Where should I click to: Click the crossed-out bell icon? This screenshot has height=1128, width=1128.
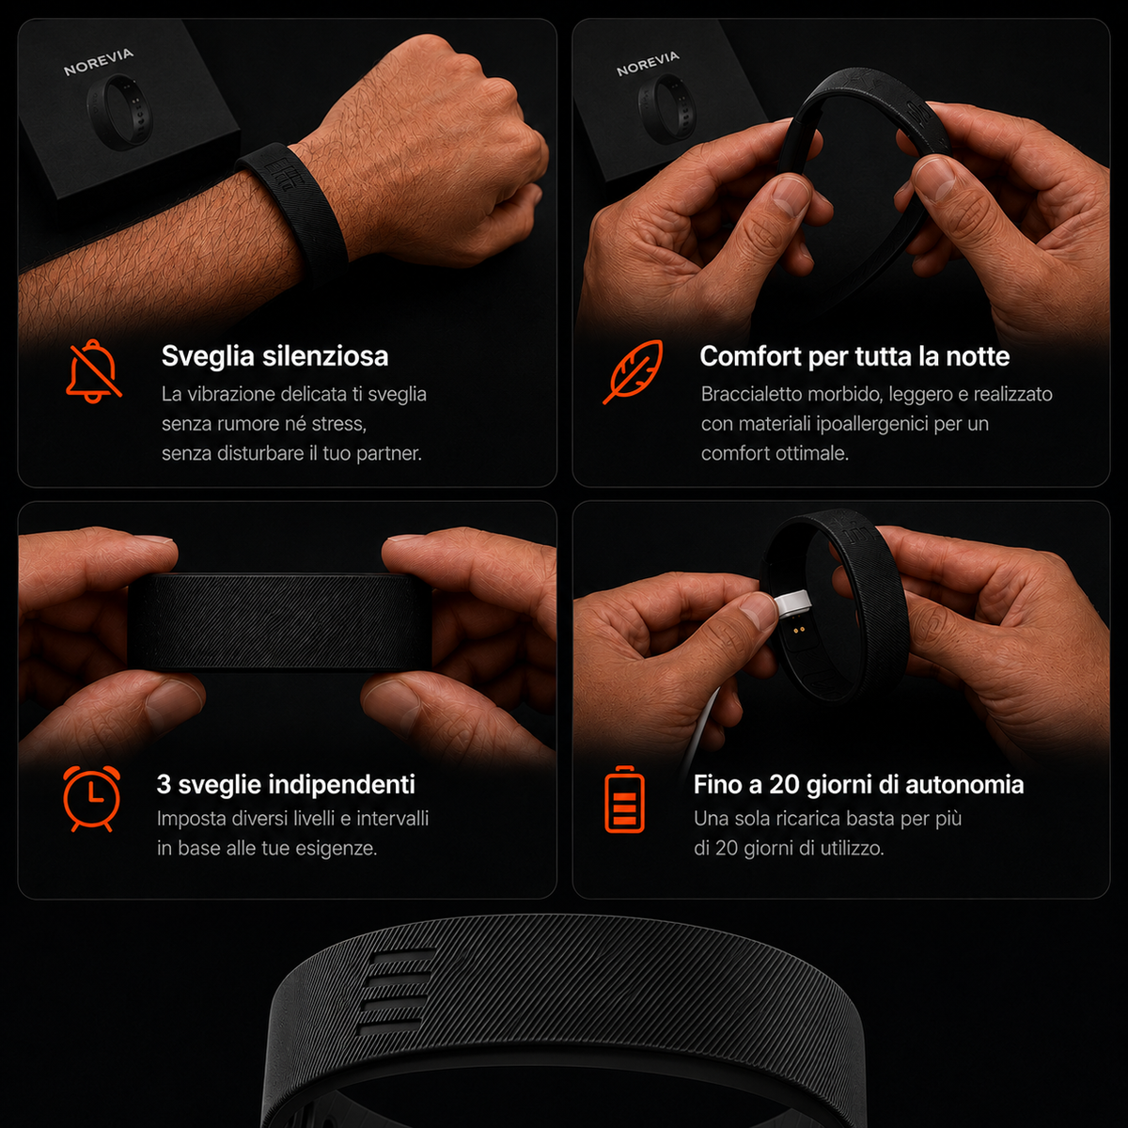coord(94,371)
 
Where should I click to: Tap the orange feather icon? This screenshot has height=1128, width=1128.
coord(634,371)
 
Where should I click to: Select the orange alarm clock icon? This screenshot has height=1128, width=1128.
coord(92,798)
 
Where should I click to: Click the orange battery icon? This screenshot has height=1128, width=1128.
coord(624,798)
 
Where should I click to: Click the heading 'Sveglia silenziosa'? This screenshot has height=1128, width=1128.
coord(274,356)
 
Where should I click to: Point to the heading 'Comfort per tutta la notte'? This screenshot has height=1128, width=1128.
coord(854,356)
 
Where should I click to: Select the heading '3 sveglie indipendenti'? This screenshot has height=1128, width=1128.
coord(286,784)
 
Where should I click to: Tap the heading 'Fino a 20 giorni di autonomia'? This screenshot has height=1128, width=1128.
coord(859,784)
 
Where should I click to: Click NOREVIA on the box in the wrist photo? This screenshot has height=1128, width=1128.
coord(99,62)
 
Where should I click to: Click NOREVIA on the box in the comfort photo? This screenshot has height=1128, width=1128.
coord(648,64)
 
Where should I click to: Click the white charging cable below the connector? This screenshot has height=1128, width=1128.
coord(700,731)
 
